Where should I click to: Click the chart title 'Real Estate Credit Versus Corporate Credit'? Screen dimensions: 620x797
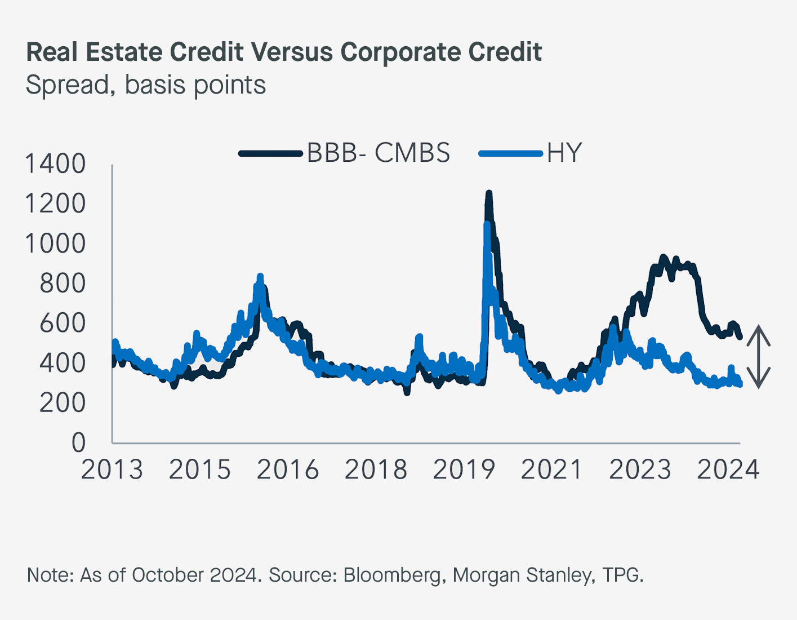click(284, 52)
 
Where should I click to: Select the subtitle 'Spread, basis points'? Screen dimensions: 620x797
click(146, 85)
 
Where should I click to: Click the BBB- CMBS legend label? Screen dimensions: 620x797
click(379, 153)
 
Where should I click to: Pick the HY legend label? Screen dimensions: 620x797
click(564, 153)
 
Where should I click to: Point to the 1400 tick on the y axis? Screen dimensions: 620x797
click(55, 164)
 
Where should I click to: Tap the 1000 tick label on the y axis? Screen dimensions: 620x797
click(55, 243)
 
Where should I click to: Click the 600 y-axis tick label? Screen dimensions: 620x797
click(62, 323)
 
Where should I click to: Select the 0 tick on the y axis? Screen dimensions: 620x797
click(78, 442)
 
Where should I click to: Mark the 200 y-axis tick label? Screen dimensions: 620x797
click(62, 402)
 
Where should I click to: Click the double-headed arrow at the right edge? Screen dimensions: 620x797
click(759, 357)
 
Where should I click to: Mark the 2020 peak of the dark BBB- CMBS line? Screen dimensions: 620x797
click(488, 194)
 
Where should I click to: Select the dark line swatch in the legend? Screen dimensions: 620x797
click(270, 153)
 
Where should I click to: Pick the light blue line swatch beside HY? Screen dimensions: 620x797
click(510, 153)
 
